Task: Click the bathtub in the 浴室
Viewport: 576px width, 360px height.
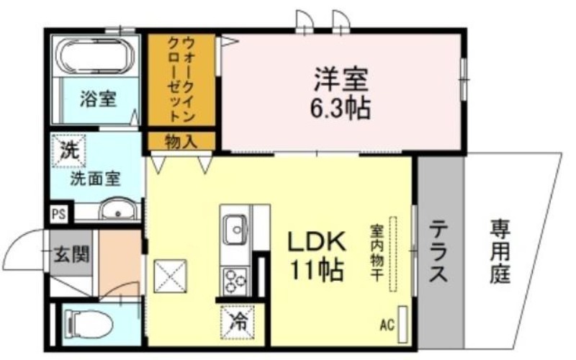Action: click(96, 56)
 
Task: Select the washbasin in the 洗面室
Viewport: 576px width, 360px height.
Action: click(118, 210)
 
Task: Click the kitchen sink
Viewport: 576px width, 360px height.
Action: click(235, 230)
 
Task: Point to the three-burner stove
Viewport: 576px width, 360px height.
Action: click(235, 282)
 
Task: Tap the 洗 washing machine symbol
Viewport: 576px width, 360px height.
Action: click(69, 150)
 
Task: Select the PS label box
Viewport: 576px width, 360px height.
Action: click(59, 214)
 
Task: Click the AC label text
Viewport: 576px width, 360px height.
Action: click(387, 325)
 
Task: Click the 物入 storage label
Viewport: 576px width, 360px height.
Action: click(181, 141)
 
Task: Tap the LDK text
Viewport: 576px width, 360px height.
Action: click(317, 242)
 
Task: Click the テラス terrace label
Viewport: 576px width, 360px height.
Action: click(438, 251)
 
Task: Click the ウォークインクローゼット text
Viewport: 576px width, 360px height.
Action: click(181, 80)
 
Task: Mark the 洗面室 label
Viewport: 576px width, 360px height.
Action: click(95, 179)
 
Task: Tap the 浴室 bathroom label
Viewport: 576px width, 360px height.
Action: click(98, 99)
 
